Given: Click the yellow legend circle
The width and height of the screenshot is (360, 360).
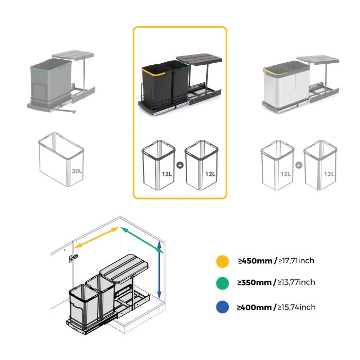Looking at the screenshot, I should click(x=222, y=261).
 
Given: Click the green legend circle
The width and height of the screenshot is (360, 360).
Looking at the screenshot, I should click(x=222, y=283).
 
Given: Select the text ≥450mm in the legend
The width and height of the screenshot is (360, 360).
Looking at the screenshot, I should click(x=255, y=261).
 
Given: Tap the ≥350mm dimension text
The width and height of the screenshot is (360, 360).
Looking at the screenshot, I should click(x=255, y=282).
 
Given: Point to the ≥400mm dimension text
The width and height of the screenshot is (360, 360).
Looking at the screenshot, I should click(x=255, y=307).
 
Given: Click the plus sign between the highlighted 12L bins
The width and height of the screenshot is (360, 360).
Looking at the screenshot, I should click(x=179, y=166).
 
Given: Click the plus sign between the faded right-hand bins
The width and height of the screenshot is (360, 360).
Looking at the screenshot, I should click(x=299, y=166).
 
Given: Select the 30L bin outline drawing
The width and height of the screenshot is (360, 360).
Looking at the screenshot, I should click(x=61, y=160).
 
